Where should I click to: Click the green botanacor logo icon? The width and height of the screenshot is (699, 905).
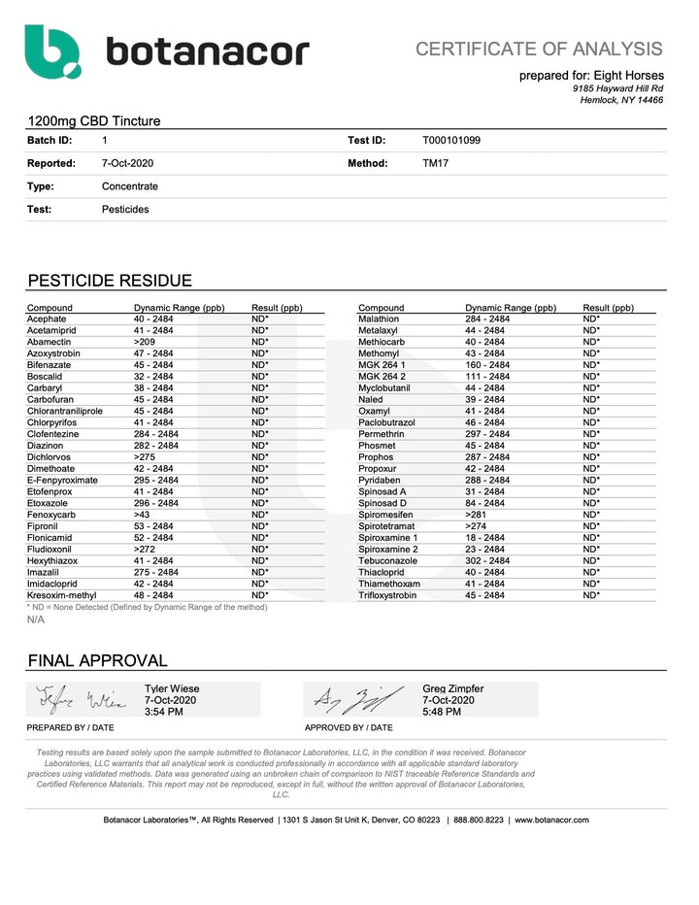(52, 51)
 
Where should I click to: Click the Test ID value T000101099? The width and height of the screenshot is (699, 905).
(451, 140)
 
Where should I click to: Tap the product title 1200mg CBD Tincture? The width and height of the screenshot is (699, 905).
(94, 121)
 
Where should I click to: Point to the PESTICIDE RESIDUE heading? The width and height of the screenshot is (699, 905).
(110, 281)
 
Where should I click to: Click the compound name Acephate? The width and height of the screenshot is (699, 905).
(47, 318)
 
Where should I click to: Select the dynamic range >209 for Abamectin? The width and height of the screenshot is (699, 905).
(145, 342)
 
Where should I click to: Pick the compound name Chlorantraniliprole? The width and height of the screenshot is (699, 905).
(65, 411)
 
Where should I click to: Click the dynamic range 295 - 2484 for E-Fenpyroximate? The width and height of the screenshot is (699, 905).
(155, 480)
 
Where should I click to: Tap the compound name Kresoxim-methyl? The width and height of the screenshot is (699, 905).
(62, 595)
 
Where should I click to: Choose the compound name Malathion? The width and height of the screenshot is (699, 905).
(379, 318)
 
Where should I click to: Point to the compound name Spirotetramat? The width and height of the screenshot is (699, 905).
(388, 525)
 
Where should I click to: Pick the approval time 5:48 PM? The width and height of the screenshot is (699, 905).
(442, 712)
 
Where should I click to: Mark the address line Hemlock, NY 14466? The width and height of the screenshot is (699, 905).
(622, 99)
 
